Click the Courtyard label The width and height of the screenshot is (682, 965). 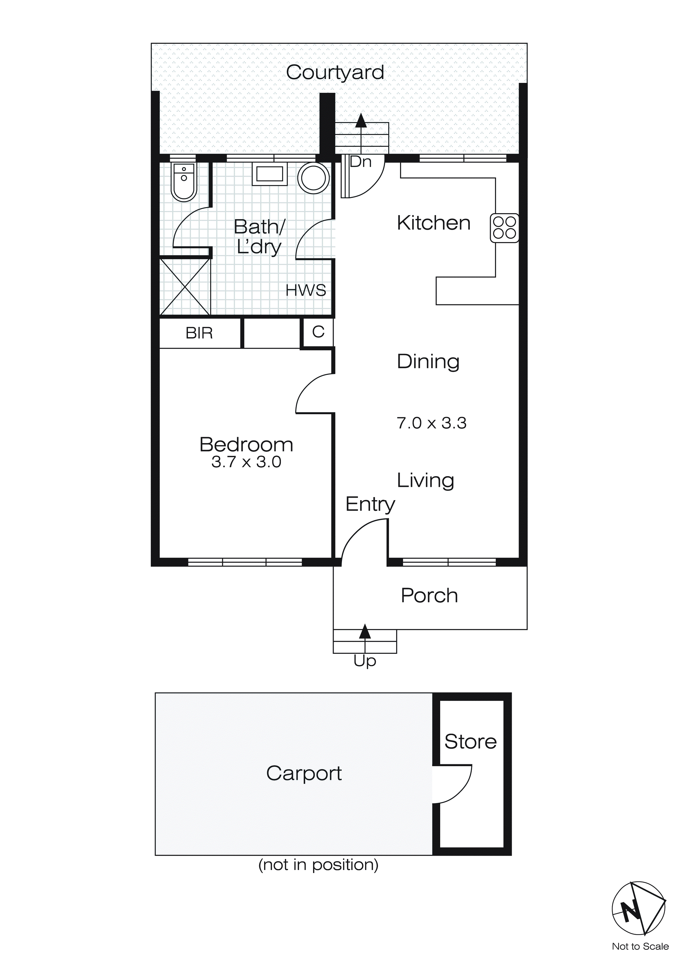coord(335,72)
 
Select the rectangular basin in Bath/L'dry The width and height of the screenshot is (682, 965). coord(269,174)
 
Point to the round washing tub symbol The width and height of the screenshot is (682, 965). coord(313,178)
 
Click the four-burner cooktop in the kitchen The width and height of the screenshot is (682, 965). coord(504,228)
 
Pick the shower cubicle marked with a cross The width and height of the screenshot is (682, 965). coord(185,287)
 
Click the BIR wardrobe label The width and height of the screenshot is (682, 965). coord(199,333)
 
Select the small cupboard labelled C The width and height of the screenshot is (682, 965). coord(318,332)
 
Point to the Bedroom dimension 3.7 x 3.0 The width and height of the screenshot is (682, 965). coord(246,462)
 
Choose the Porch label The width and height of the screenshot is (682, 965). coord(429,596)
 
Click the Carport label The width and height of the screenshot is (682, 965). coord(304,773)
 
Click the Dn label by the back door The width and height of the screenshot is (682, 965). coord(360,162)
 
